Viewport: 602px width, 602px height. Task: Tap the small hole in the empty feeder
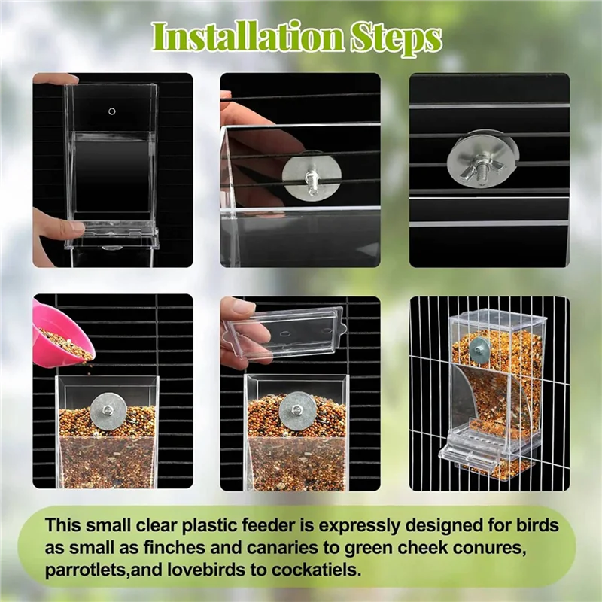click(x=112, y=111)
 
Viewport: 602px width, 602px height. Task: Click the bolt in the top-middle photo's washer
click(x=311, y=179)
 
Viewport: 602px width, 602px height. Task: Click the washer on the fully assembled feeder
click(x=479, y=348)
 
